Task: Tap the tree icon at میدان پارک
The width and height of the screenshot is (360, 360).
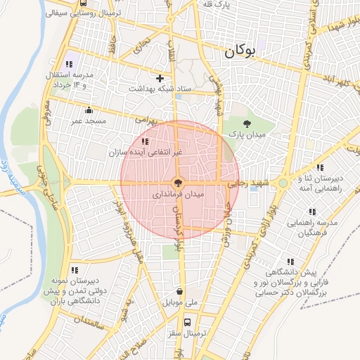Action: (245, 124)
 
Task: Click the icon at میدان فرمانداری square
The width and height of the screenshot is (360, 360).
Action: (179, 182)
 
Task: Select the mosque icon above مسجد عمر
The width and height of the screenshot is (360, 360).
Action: (89, 110)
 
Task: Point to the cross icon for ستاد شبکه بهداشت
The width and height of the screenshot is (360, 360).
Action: (160, 78)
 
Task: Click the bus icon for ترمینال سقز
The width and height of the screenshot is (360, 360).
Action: (187, 322)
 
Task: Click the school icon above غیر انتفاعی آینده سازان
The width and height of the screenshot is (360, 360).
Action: (145, 141)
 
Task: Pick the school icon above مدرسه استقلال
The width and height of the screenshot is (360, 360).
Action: (69, 64)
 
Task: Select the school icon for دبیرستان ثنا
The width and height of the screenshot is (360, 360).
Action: (321, 167)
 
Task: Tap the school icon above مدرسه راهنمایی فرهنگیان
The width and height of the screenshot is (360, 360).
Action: (311, 212)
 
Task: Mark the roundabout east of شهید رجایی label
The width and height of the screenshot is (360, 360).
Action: (283, 183)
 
